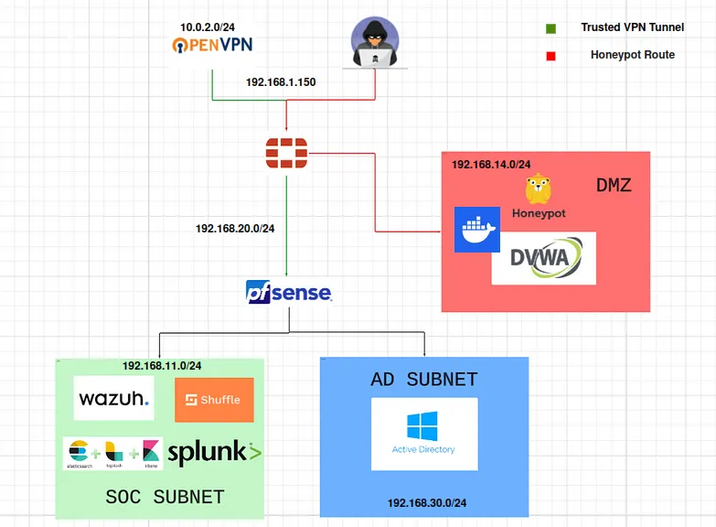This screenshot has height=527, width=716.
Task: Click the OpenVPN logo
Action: [x=212, y=45]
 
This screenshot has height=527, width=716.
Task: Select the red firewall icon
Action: [x=286, y=153]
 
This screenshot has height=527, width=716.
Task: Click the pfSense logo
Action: [x=288, y=293]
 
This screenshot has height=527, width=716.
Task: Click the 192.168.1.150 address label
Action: [x=281, y=82]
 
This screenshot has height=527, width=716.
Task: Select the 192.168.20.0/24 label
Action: [x=235, y=229]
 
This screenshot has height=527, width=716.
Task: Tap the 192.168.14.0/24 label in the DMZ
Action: [x=491, y=165]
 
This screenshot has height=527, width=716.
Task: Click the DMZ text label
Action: [x=614, y=186]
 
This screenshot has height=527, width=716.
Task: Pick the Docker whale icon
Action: [x=477, y=230]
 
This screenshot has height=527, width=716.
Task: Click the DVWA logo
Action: [x=543, y=258]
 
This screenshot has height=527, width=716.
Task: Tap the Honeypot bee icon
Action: [x=538, y=189]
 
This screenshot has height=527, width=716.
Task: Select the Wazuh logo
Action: [x=113, y=400]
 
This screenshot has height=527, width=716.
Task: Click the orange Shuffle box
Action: [x=214, y=400]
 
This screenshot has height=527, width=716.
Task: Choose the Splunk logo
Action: [x=214, y=451]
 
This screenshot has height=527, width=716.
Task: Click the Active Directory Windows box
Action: [x=423, y=434]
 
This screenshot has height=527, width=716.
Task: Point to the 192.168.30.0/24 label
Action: [x=426, y=503]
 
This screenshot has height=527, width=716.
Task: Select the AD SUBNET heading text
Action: [x=424, y=380]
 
